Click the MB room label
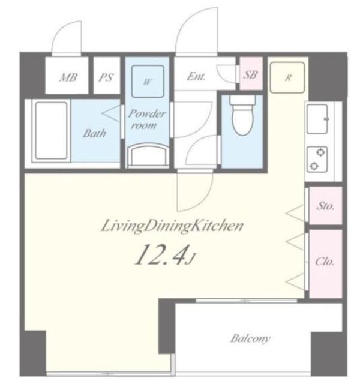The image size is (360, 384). click(68, 77)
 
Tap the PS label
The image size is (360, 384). click(106, 77)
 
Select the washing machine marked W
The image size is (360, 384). click(148, 82)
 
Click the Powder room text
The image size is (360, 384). click(146, 119)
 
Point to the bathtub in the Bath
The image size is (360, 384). click(51, 131)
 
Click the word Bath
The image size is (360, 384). click(94, 133)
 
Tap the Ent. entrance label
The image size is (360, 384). click(196, 76)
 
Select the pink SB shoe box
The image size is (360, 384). click(251, 73)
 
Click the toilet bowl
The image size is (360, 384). click(242, 116)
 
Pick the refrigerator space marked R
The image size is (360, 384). click(287, 77)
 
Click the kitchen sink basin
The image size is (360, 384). click(317, 119)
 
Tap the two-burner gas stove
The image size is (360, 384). click(317, 160)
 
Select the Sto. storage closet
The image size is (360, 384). click(325, 205)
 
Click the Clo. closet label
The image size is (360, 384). click(325, 262)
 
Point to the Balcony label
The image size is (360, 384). click(250, 338)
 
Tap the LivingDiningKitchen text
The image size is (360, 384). click(172, 226)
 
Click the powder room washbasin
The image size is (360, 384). click(148, 155)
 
